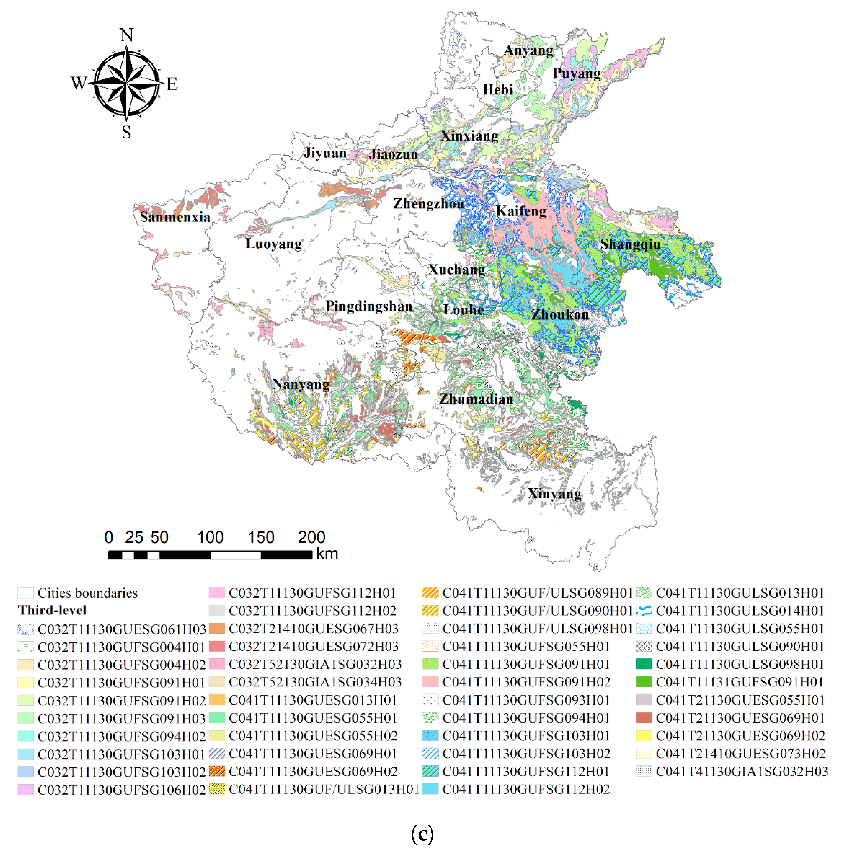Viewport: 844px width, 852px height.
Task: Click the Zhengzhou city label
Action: point(428,204)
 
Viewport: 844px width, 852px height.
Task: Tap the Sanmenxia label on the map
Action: point(175,217)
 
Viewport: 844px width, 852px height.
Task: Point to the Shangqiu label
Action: point(630,244)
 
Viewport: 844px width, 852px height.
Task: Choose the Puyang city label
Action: point(576,73)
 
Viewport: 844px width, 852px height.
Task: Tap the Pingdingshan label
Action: point(369,306)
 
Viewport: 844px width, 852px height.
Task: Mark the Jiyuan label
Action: point(325,153)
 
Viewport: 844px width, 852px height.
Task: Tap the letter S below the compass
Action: point(127,132)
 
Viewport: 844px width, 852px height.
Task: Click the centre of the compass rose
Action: point(127,83)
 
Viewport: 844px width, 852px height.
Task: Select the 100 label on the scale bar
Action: point(210,537)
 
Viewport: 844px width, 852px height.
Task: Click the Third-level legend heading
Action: point(52,610)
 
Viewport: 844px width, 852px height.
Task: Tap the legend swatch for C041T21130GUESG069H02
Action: point(644,735)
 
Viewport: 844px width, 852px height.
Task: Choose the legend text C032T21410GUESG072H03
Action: point(313,646)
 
